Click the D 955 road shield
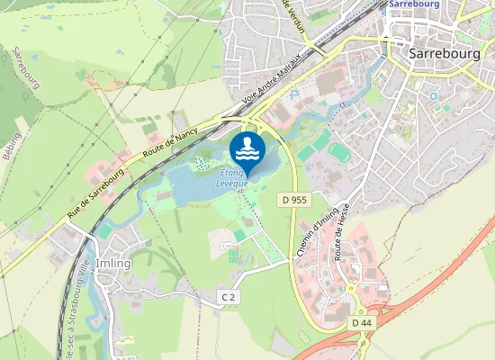coord(291,198)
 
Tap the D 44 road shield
coord(362,322)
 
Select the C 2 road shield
coord(229,297)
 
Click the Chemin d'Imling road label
coord(312,238)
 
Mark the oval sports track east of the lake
coord(337,150)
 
